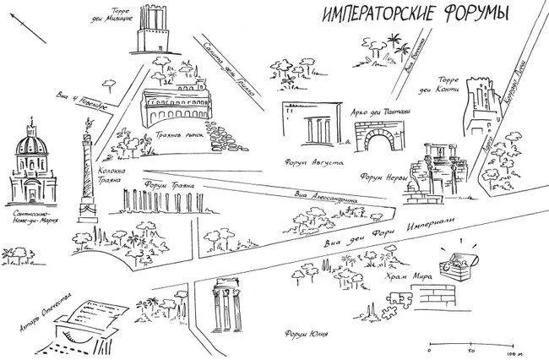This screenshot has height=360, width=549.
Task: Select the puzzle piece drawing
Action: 400,297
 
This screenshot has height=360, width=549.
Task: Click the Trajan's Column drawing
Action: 85,169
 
